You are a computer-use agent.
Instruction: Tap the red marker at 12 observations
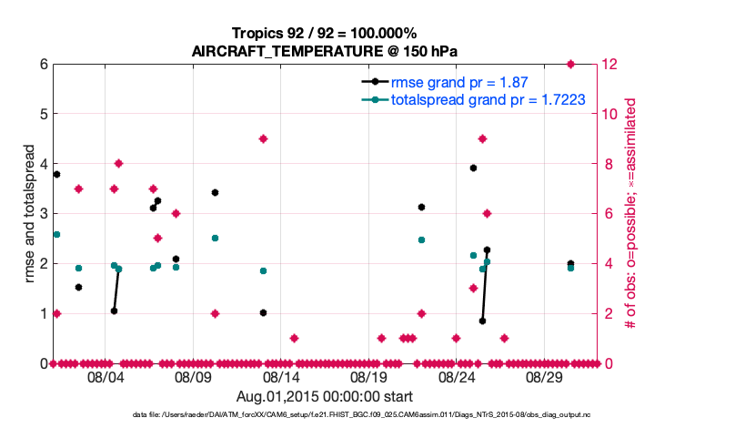point(570,64)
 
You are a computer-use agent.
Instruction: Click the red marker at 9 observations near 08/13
point(263,138)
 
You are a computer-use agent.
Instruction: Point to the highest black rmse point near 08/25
point(473,168)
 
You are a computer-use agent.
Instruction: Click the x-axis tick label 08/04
point(106,377)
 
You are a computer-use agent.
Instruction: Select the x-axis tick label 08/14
point(281,377)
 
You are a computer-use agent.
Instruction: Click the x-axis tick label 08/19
point(368,377)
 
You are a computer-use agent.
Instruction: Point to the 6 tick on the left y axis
point(43,65)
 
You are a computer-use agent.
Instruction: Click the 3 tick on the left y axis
point(43,214)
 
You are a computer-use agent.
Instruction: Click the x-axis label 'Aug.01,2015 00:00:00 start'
point(325,396)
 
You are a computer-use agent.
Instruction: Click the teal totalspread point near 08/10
point(215,238)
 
